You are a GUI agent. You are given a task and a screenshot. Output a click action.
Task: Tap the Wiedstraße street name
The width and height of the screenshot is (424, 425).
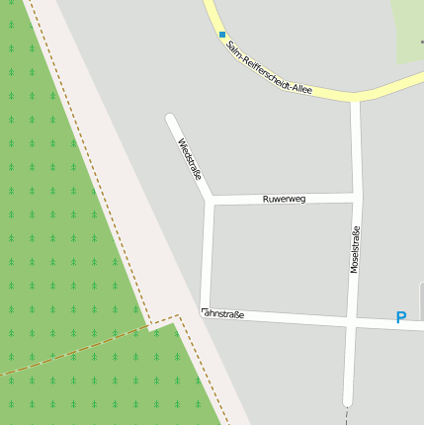[x=189, y=159]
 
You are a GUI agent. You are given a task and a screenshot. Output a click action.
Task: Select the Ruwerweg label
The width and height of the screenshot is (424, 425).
[x=284, y=199]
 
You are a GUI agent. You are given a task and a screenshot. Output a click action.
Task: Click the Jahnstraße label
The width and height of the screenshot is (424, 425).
[x=223, y=313]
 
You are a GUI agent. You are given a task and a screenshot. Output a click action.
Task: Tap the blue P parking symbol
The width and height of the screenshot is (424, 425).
[x=400, y=317]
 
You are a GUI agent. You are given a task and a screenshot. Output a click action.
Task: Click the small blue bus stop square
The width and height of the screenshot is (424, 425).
[x=222, y=35]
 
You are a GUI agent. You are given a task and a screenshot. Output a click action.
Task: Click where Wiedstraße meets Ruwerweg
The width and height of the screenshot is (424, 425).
[x=210, y=200]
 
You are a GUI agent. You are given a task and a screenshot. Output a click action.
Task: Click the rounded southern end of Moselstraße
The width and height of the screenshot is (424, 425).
[x=348, y=400]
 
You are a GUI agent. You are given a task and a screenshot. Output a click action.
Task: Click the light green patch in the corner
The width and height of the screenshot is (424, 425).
[x=408, y=25]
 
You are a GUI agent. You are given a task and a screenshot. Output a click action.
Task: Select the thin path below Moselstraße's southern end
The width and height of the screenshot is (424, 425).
[x=347, y=416]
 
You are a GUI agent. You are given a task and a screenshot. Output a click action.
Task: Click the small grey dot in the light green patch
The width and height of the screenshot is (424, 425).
[x=422, y=43]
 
